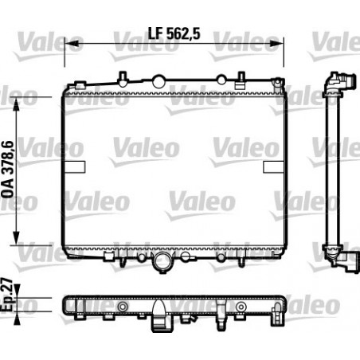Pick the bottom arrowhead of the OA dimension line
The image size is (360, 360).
coord(16,242)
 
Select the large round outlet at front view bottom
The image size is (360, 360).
coord(164,262)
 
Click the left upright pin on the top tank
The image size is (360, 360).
coord(121,77)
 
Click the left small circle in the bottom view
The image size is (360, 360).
coord(122,307)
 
